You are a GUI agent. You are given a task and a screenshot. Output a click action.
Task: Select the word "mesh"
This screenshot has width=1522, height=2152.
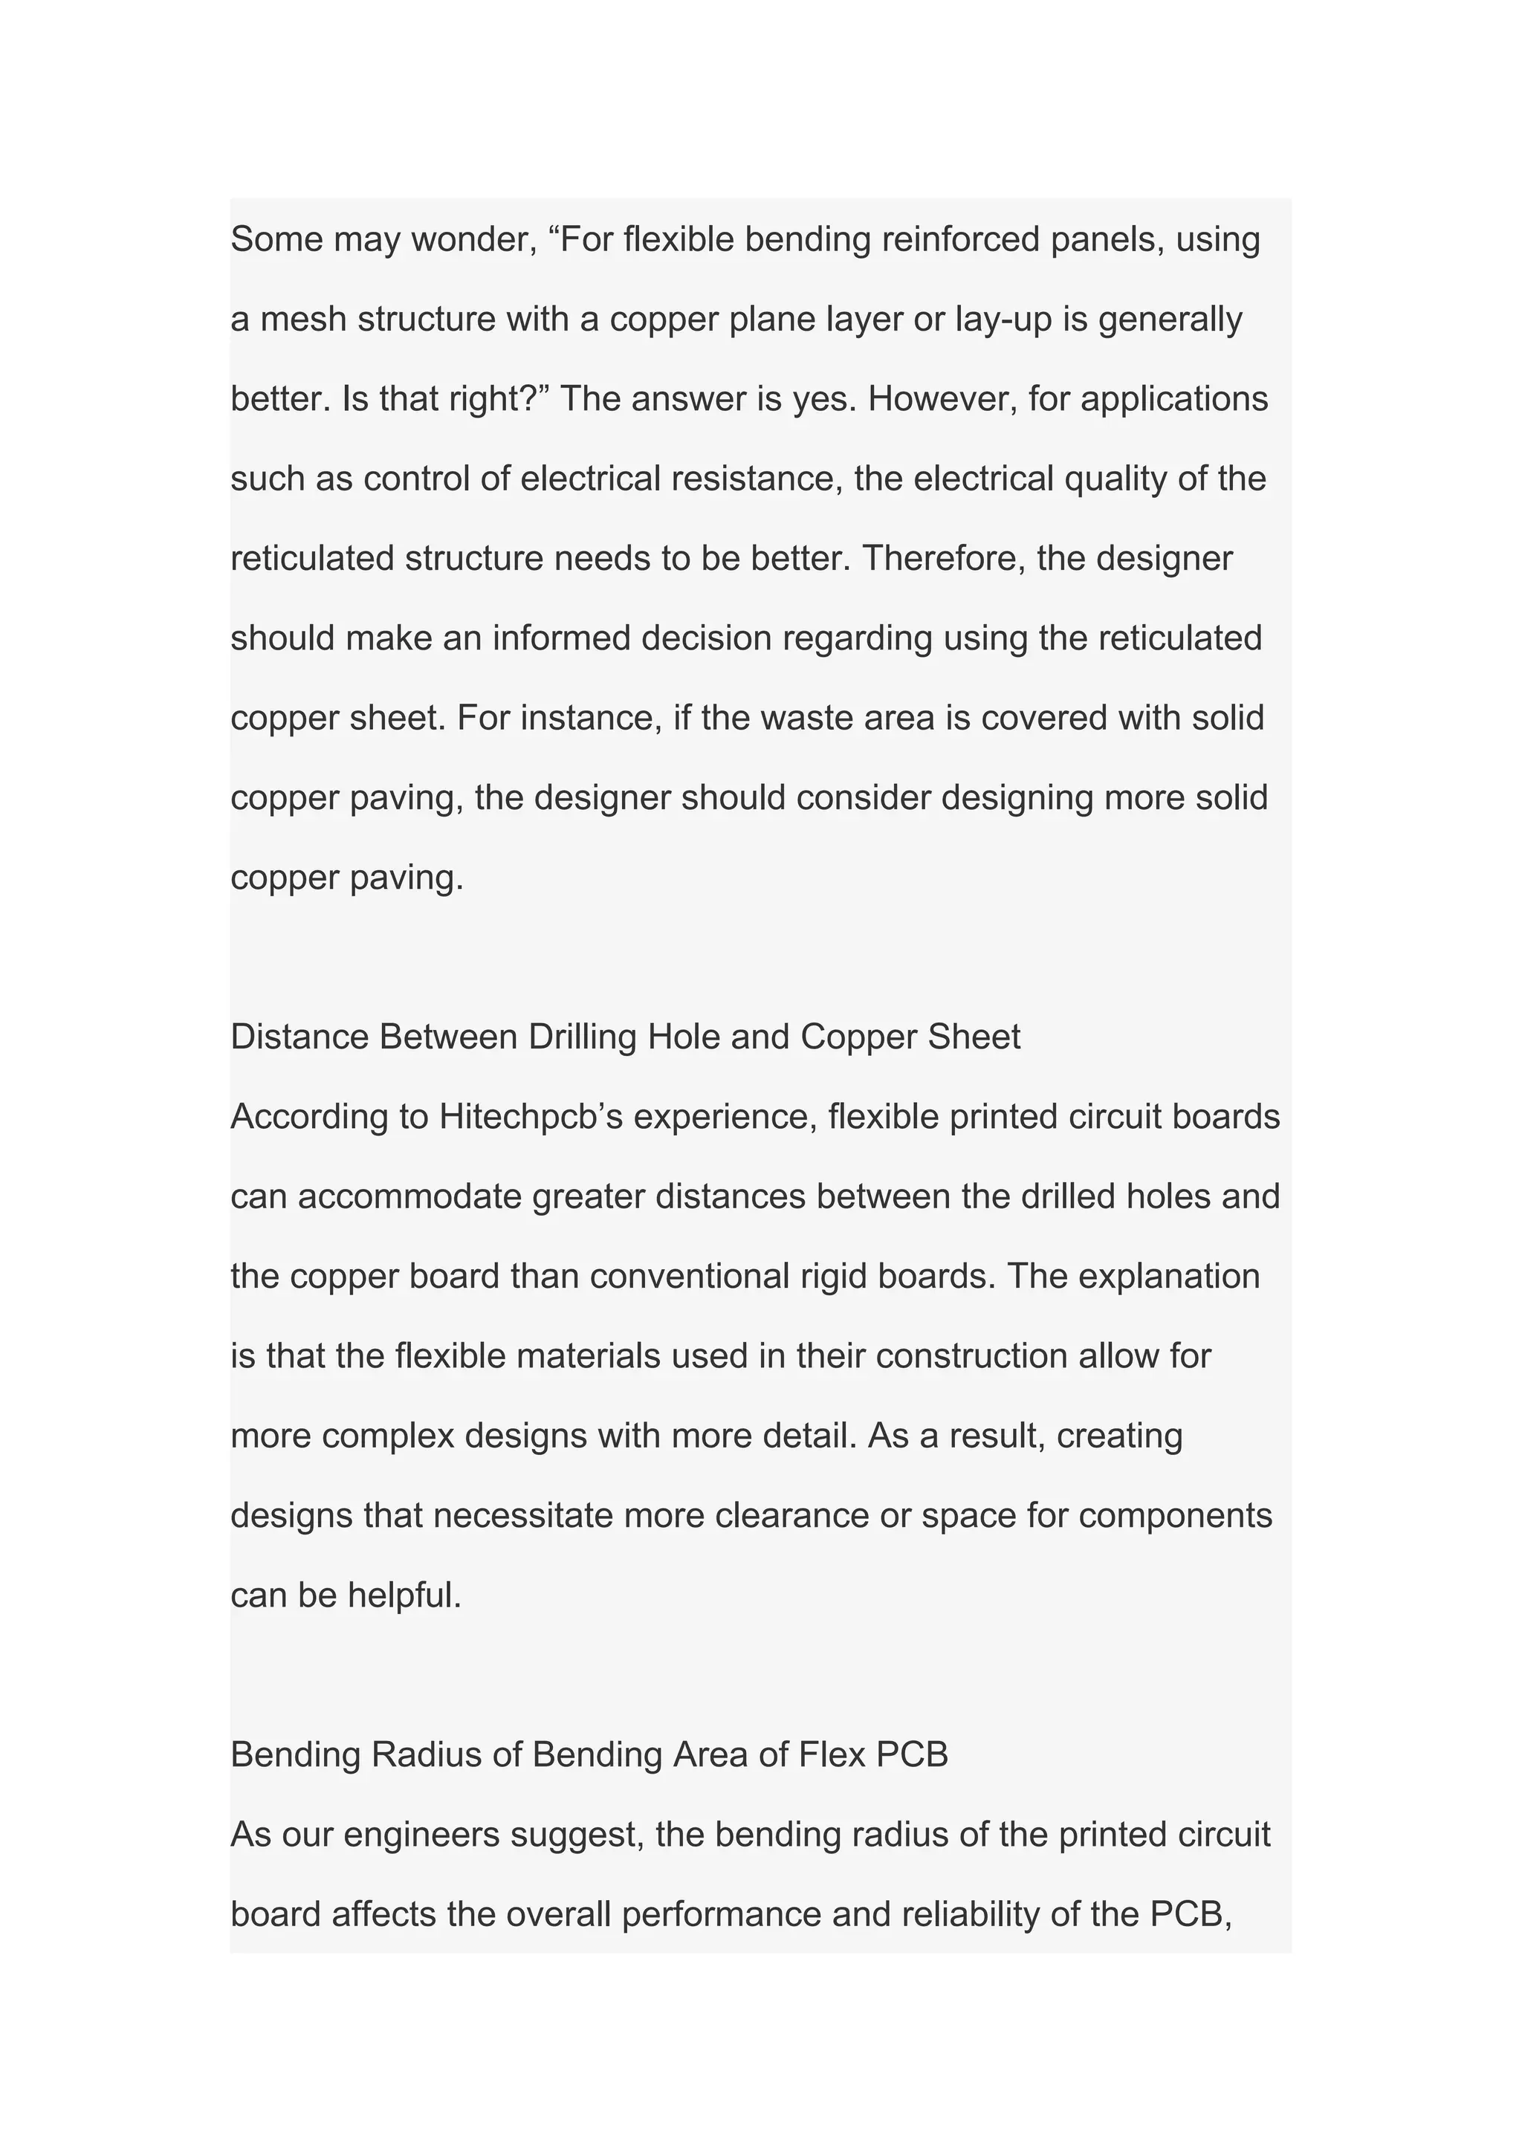point(302,320)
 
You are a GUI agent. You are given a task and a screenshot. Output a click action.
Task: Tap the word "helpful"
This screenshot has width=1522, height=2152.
point(405,1595)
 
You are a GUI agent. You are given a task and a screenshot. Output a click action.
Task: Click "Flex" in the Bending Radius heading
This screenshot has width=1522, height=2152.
point(832,1754)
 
